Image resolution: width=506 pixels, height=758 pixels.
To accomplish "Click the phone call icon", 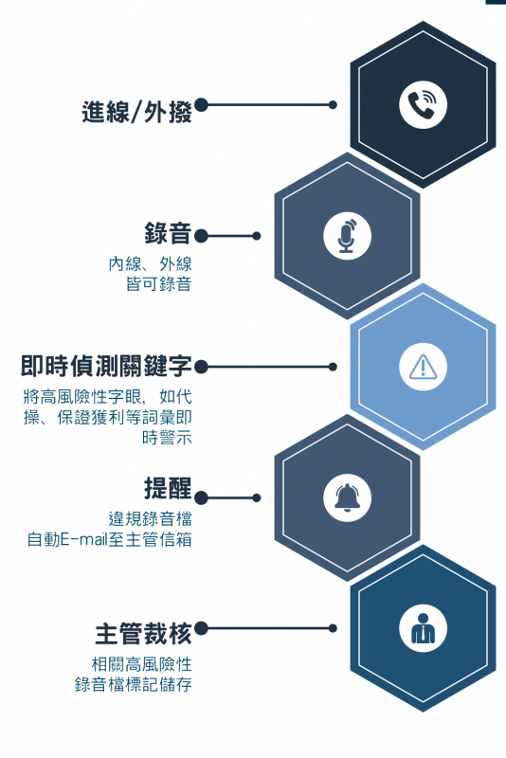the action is coord(423,105).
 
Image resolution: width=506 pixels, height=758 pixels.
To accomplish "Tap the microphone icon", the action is coord(347,236).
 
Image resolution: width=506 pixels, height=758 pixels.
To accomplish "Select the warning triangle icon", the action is coord(423,367).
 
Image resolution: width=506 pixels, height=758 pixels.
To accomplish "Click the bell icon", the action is coord(347,498).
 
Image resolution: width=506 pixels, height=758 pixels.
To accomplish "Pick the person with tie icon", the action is coord(423,629).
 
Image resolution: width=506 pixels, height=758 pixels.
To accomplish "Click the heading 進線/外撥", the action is coord(136,112).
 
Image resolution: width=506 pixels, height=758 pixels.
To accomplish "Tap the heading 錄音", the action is coord(168,233).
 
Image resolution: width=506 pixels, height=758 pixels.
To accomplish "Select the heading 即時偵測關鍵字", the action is coord(106,366).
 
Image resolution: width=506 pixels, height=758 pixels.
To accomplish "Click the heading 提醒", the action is coord(168,488).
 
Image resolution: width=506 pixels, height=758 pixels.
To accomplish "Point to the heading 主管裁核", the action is coord(143,634).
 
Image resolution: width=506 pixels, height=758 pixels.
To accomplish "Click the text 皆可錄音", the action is coord(159,283).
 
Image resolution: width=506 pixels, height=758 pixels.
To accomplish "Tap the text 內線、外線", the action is coord(151,264).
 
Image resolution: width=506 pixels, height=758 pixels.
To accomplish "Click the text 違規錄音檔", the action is coord(151,518).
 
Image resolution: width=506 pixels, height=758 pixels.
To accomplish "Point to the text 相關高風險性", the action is coord(141,664).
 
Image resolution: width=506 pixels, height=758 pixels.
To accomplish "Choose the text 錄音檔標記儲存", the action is coord(134,684).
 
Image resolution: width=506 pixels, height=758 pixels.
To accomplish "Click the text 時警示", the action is coord(167,438).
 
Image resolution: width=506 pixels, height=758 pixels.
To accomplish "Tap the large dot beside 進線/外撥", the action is coord(201,105).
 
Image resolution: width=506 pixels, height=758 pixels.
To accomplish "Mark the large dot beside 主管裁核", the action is coord(201,628).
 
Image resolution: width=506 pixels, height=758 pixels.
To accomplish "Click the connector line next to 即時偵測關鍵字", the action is coord(270,367).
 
